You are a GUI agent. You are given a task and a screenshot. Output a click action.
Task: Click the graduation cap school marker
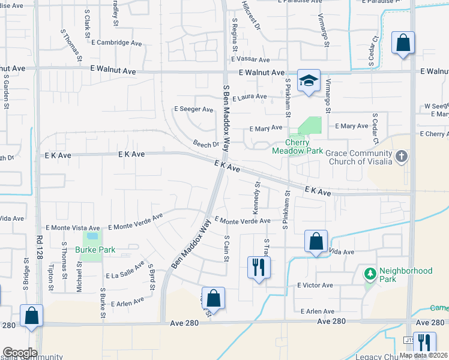(x=309, y=81)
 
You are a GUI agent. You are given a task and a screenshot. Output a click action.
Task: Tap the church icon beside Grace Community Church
(x=402, y=157)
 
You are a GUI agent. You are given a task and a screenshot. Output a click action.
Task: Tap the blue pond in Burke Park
(x=91, y=239)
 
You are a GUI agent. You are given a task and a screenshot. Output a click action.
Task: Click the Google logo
(x=19, y=353)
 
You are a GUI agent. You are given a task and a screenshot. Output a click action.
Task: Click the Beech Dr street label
(x=205, y=145)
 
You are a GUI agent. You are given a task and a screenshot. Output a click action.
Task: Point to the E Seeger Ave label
(x=193, y=109)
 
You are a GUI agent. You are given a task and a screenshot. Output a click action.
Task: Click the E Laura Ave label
(x=250, y=97)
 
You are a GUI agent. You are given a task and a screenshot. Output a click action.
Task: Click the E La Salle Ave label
(x=125, y=271)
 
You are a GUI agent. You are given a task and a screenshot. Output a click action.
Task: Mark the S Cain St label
(x=227, y=247)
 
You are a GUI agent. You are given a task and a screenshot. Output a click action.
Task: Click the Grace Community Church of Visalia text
(x=361, y=157)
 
